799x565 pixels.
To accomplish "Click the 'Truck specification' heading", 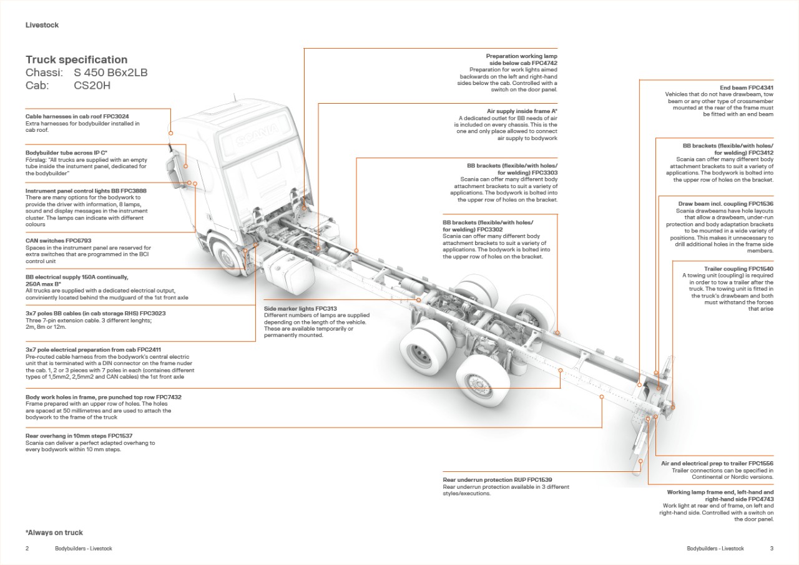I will point(76,60).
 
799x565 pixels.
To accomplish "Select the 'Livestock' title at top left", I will point(42,25).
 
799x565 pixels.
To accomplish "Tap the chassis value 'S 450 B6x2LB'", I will point(110,73).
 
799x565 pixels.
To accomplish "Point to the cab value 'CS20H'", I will point(92,86).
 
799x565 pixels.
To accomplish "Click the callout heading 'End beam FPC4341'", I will point(747,87).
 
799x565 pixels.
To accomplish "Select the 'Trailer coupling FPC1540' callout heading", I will point(738,269).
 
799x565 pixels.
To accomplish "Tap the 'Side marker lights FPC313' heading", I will point(300,308).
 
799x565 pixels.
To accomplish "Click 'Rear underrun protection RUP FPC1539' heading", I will point(497,480).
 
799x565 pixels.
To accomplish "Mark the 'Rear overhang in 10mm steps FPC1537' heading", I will point(79,436).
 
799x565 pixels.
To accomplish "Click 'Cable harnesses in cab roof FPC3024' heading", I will point(77,116).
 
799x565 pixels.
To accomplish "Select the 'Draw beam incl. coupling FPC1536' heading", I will point(725,204).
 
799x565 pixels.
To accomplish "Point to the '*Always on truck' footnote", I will point(54,532).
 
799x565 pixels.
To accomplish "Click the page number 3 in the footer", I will point(772,549).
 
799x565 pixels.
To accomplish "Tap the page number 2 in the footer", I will point(27,549).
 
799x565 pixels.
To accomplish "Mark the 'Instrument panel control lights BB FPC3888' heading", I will point(86,191).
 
